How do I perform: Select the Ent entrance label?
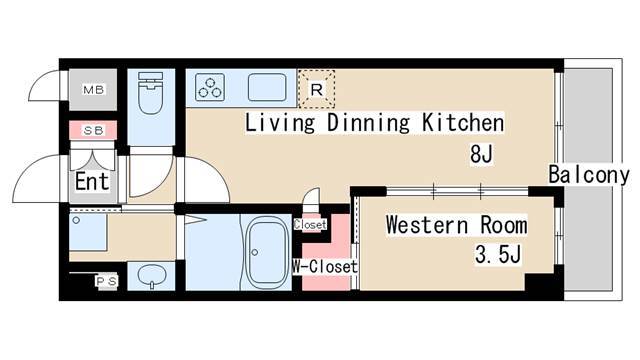click(x=91, y=183)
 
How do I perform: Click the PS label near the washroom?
click(x=105, y=281)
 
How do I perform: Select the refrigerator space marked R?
click(x=317, y=88)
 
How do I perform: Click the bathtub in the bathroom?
click(x=266, y=251)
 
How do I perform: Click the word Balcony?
click(x=588, y=176)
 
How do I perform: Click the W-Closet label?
click(x=325, y=267)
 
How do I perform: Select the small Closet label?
click(x=311, y=225)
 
